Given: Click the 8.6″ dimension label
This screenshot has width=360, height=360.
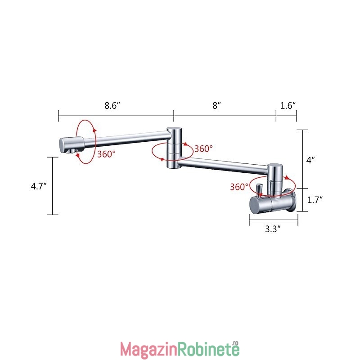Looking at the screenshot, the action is point(112,106).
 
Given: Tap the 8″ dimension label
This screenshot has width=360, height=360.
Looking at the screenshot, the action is point(216,106).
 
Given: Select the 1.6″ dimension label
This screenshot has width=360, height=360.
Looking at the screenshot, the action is point(288,106).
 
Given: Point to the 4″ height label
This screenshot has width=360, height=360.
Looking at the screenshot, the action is point(310,160).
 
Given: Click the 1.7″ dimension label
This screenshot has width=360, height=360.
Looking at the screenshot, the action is point(315,200).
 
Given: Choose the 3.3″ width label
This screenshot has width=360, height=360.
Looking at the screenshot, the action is point(273,229).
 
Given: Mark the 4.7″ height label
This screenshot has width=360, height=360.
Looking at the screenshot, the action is point(39,186).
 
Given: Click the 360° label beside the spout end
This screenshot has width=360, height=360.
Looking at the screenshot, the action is point(106,154).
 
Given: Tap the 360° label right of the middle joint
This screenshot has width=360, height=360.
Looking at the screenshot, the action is point(203,149).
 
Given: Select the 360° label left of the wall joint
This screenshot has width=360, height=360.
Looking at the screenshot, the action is point(239,187).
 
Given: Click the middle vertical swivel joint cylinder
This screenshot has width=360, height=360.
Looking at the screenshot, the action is point(174,148).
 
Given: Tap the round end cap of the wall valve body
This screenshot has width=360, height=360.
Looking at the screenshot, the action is point(255,205).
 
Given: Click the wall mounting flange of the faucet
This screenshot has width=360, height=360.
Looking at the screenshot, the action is point(292,200).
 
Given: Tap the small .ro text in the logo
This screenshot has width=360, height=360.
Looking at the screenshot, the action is point(235,343).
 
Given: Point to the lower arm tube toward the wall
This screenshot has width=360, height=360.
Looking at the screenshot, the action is point(223,166).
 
